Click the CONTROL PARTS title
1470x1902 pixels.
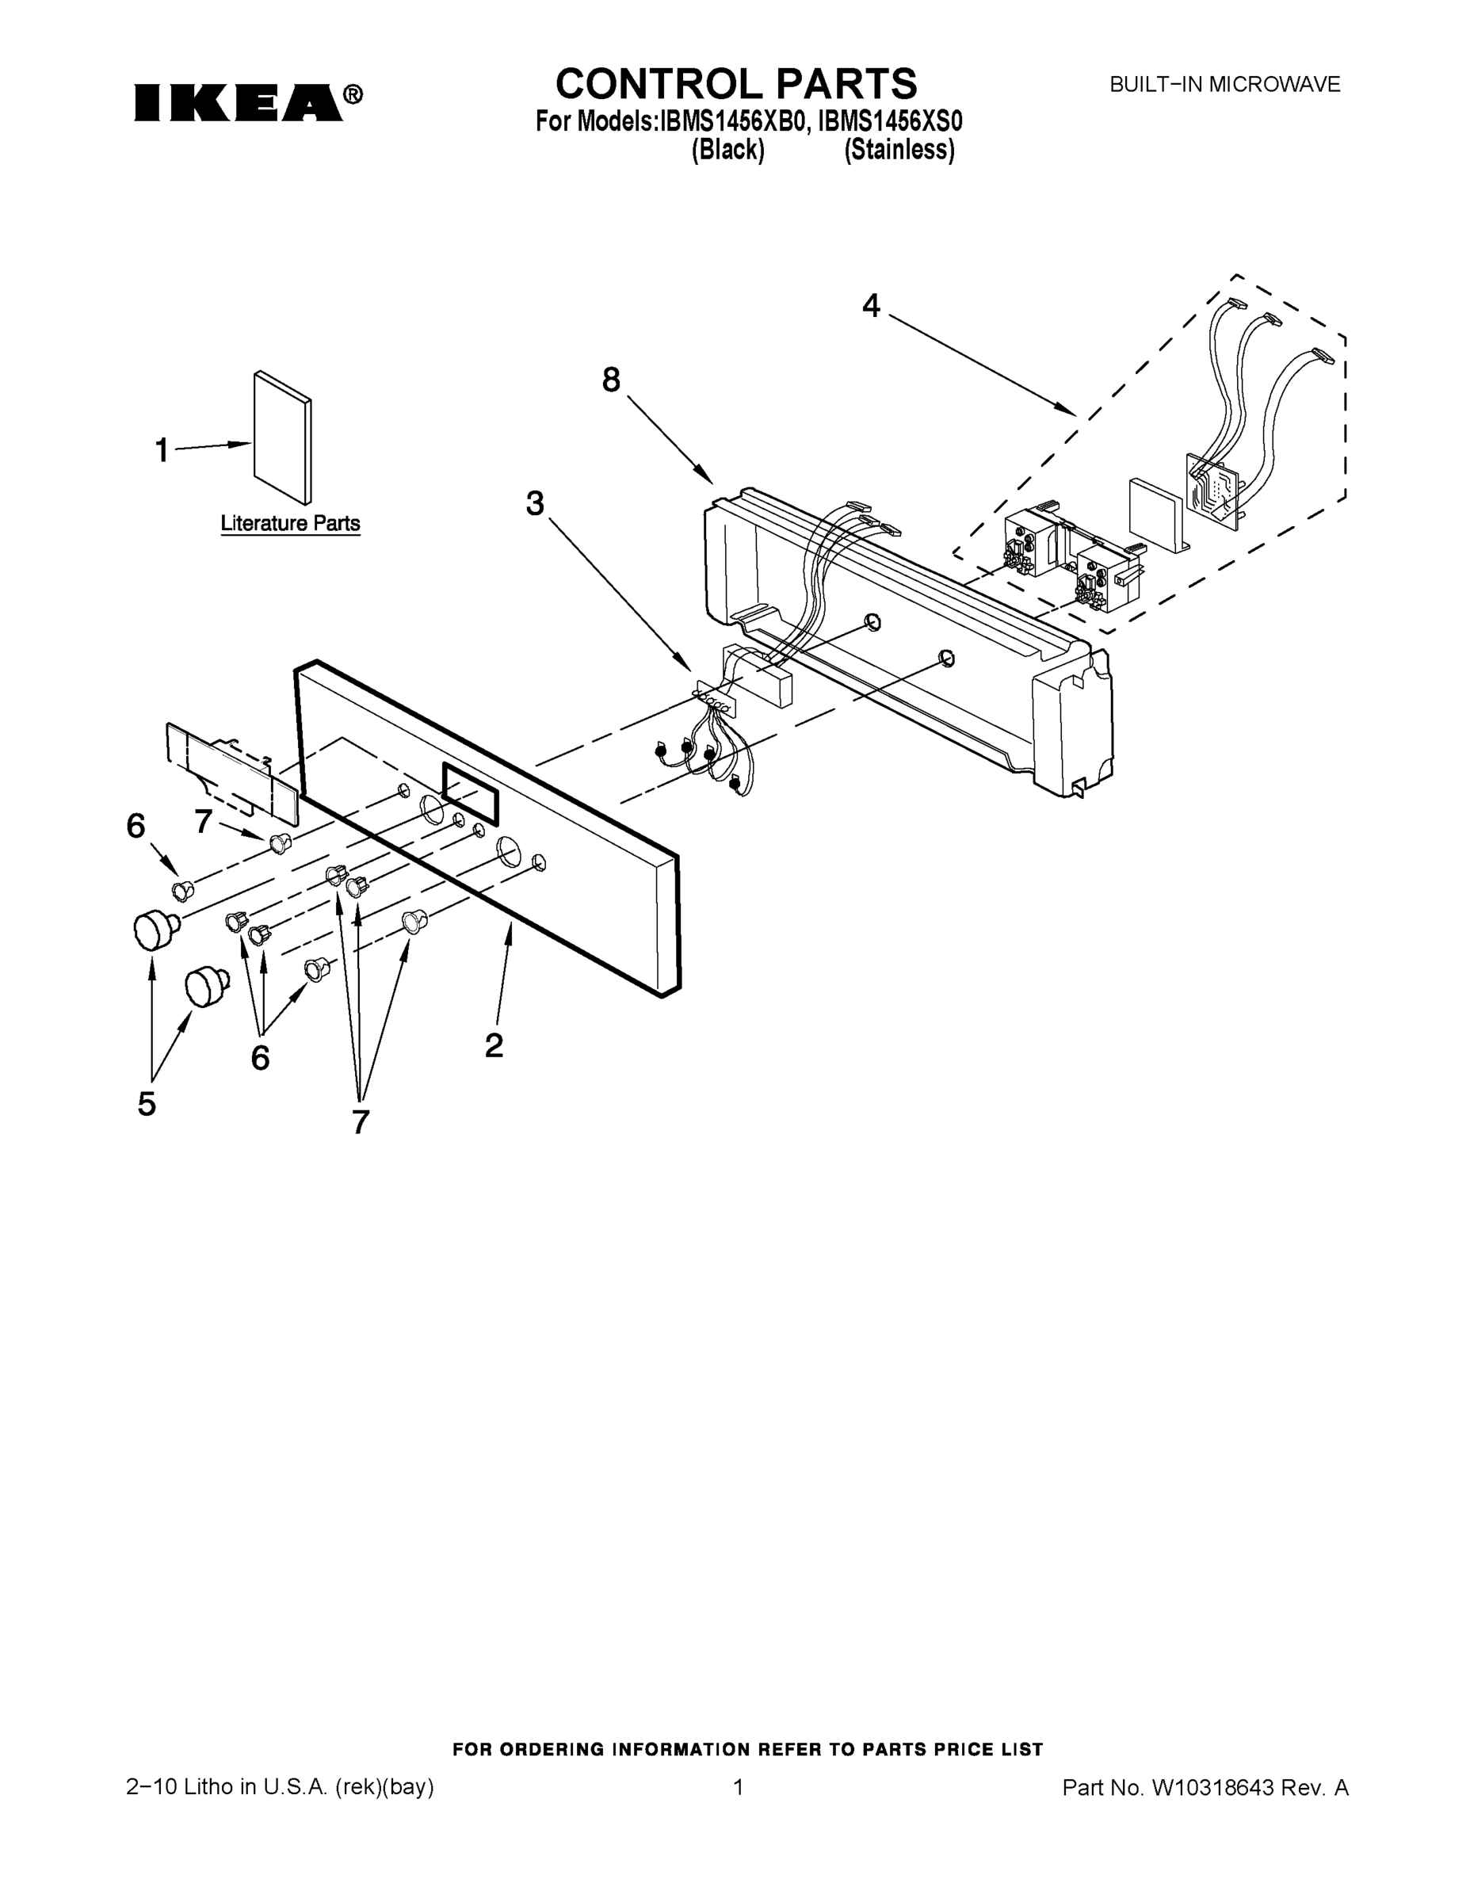736,85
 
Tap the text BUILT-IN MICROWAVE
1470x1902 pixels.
1224,86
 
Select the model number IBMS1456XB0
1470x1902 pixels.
730,121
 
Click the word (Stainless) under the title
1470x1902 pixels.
899,150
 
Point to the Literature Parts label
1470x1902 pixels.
290,523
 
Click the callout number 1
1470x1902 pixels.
162,451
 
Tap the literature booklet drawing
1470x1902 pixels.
282,438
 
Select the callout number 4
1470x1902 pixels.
871,306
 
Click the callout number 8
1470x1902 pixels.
611,380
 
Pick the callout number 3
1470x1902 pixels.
535,503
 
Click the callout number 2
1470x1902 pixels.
494,1046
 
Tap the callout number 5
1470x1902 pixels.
147,1104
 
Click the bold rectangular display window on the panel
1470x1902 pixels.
470,793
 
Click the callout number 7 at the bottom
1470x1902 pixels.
361,1124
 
